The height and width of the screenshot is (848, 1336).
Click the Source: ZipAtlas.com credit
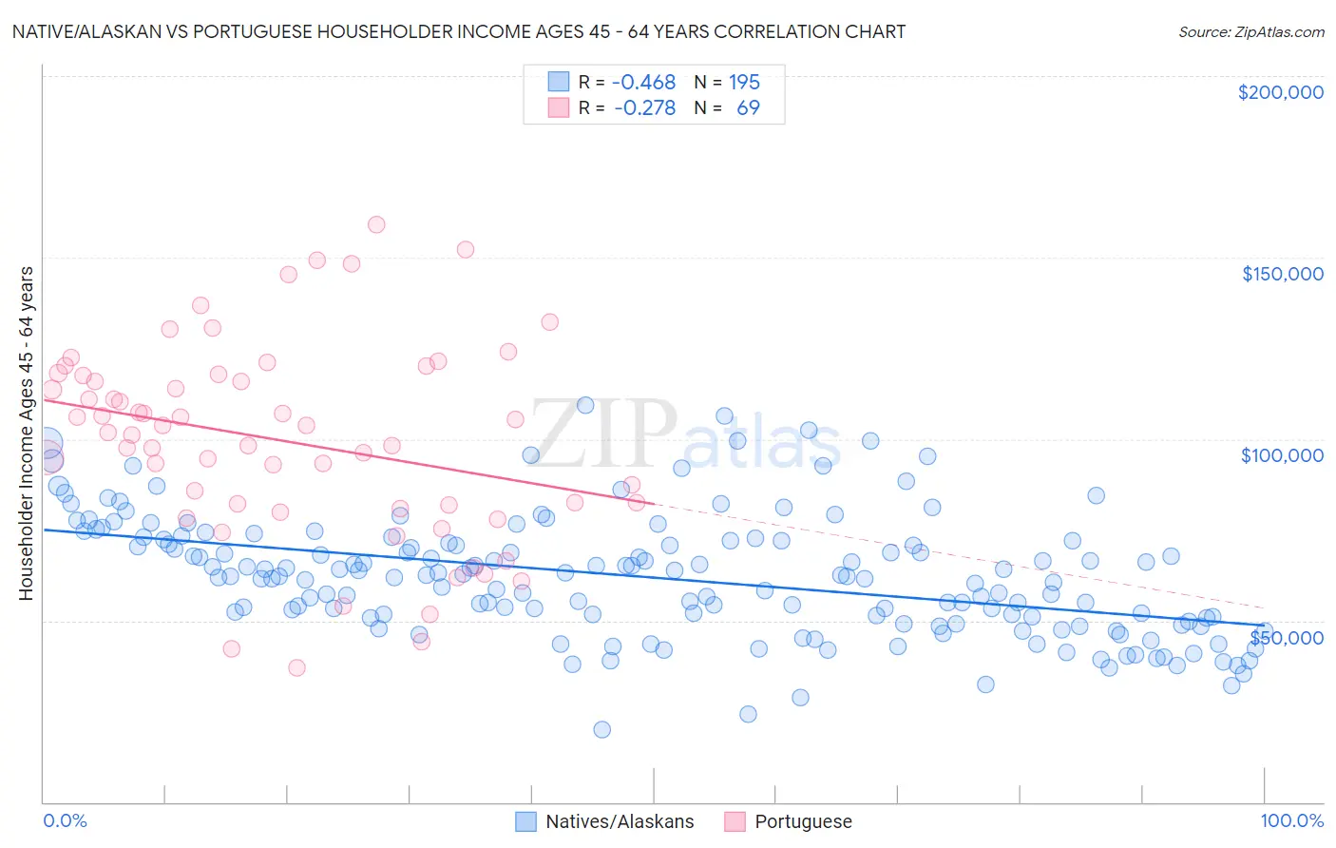pos(1250,31)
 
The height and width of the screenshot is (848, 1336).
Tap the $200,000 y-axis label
pos(1280,92)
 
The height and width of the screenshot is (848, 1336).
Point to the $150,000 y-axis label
pos(1282,274)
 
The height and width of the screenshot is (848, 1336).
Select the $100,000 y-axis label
pos(1282,455)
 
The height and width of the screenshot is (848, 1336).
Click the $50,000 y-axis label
pos(1286,637)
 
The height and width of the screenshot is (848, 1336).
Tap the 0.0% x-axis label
pos(65,820)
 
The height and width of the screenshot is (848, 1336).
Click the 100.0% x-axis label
pos(1291,820)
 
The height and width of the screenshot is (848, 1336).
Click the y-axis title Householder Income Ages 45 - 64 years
pos(27,434)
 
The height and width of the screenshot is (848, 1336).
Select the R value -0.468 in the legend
pos(643,82)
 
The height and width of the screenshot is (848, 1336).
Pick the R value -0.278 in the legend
pos(644,107)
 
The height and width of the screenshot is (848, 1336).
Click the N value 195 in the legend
pos(744,82)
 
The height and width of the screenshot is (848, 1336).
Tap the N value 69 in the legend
pos(748,107)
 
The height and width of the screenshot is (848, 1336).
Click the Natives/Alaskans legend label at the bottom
pos(620,821)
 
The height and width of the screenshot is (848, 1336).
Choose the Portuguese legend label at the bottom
pos(803,821)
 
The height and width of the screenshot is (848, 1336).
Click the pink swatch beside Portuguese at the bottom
pos(735,821)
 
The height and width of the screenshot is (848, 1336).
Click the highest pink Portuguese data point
pos(376,224)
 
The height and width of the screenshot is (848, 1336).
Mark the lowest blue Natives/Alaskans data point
pos(601,729)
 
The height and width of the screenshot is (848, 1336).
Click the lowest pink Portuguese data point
pos(296,667)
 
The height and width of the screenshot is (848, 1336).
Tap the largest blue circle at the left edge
pos(45,444)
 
